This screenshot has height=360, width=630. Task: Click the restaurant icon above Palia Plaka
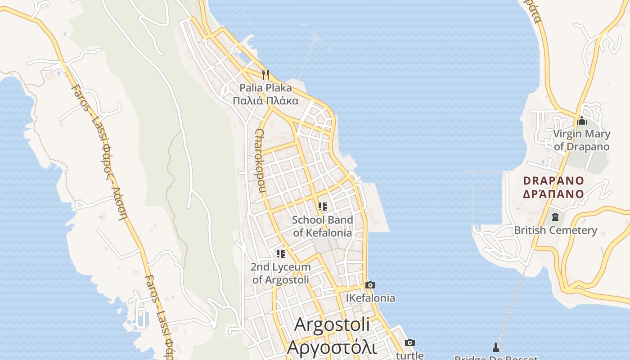(x=265, y=74)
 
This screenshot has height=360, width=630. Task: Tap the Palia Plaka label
(x=265, y=87)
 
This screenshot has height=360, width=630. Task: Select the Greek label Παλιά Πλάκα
(x=265, y=100)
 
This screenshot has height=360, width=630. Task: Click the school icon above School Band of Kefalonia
(x=322, y=207)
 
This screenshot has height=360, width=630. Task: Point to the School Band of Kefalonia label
(x=322, y=226)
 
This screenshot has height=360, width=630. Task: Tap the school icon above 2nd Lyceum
(x=281, y=254)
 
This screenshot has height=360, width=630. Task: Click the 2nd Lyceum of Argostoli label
(x=281, y=273)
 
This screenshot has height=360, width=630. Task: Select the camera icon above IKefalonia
(x=370, y=285)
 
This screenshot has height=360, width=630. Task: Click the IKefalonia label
(x=370, y=298)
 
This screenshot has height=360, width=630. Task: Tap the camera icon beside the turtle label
(x=409, y=343)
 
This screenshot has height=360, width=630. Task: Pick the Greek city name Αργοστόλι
(x=332, y=347)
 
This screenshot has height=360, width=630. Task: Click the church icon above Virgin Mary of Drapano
(x=581, y=121)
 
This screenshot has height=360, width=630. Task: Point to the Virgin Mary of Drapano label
(x=581, y=140)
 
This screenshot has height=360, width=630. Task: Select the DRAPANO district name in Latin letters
(x=553, y=181)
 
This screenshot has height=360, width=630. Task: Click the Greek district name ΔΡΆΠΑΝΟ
(x=553, y=194)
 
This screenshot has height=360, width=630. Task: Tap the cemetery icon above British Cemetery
(x=555, y=217)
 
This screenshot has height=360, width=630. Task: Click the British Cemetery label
(x=555, y=230)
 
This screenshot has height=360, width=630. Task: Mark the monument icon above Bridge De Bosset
(x=495, y=347)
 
